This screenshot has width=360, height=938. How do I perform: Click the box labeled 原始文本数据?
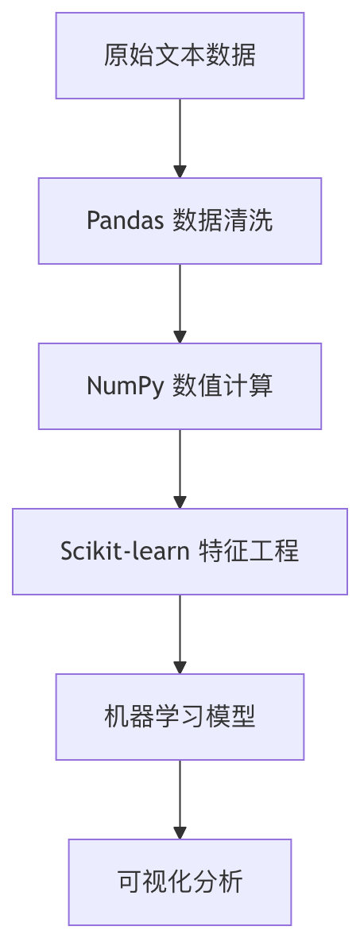coord(180,56)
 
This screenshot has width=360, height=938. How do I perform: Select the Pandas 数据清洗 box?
coord(180,221)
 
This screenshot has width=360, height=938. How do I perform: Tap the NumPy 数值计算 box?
coord(180,386)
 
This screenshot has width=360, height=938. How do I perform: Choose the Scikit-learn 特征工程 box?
coord(180,552)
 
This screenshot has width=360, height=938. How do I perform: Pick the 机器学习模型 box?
coord(180,717)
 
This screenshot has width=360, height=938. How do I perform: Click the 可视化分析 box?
coord(180,882)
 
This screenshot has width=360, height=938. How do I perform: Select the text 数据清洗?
coord(223,221)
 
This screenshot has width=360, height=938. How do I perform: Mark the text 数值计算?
coord(223,386)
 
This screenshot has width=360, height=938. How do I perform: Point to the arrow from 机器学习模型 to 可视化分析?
coord(180,795)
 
